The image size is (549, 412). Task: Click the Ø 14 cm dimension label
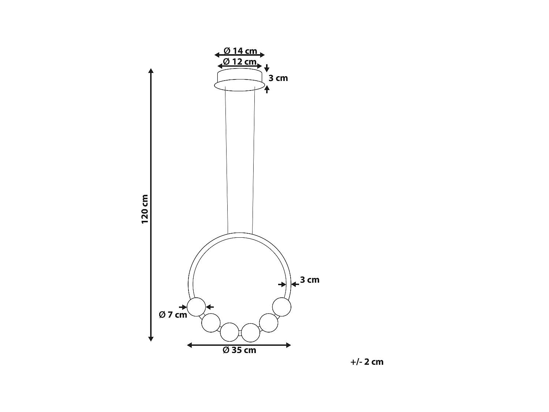pos(240,51)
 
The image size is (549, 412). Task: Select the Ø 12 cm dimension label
pos(240,62)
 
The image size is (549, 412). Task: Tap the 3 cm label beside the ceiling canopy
pos(278,78)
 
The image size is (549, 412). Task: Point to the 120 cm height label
pos(145,209)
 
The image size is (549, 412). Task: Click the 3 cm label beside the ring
pos(310,280)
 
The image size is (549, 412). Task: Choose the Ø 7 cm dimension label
pos(173,315)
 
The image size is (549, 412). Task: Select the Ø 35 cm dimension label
pos(239,350)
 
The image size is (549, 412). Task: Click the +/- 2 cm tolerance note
pos(367,362)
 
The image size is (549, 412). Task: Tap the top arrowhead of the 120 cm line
pos(150,71)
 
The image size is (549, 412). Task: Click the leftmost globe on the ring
pos(197,307)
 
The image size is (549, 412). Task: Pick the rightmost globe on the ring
pos(282,307)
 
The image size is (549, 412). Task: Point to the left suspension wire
pos(227,161)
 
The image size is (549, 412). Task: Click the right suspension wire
pos(253,161)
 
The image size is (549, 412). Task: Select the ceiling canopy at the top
pos(240,80)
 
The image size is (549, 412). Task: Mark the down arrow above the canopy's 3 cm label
pos(267,68)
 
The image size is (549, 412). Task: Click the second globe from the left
pos(211,323)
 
